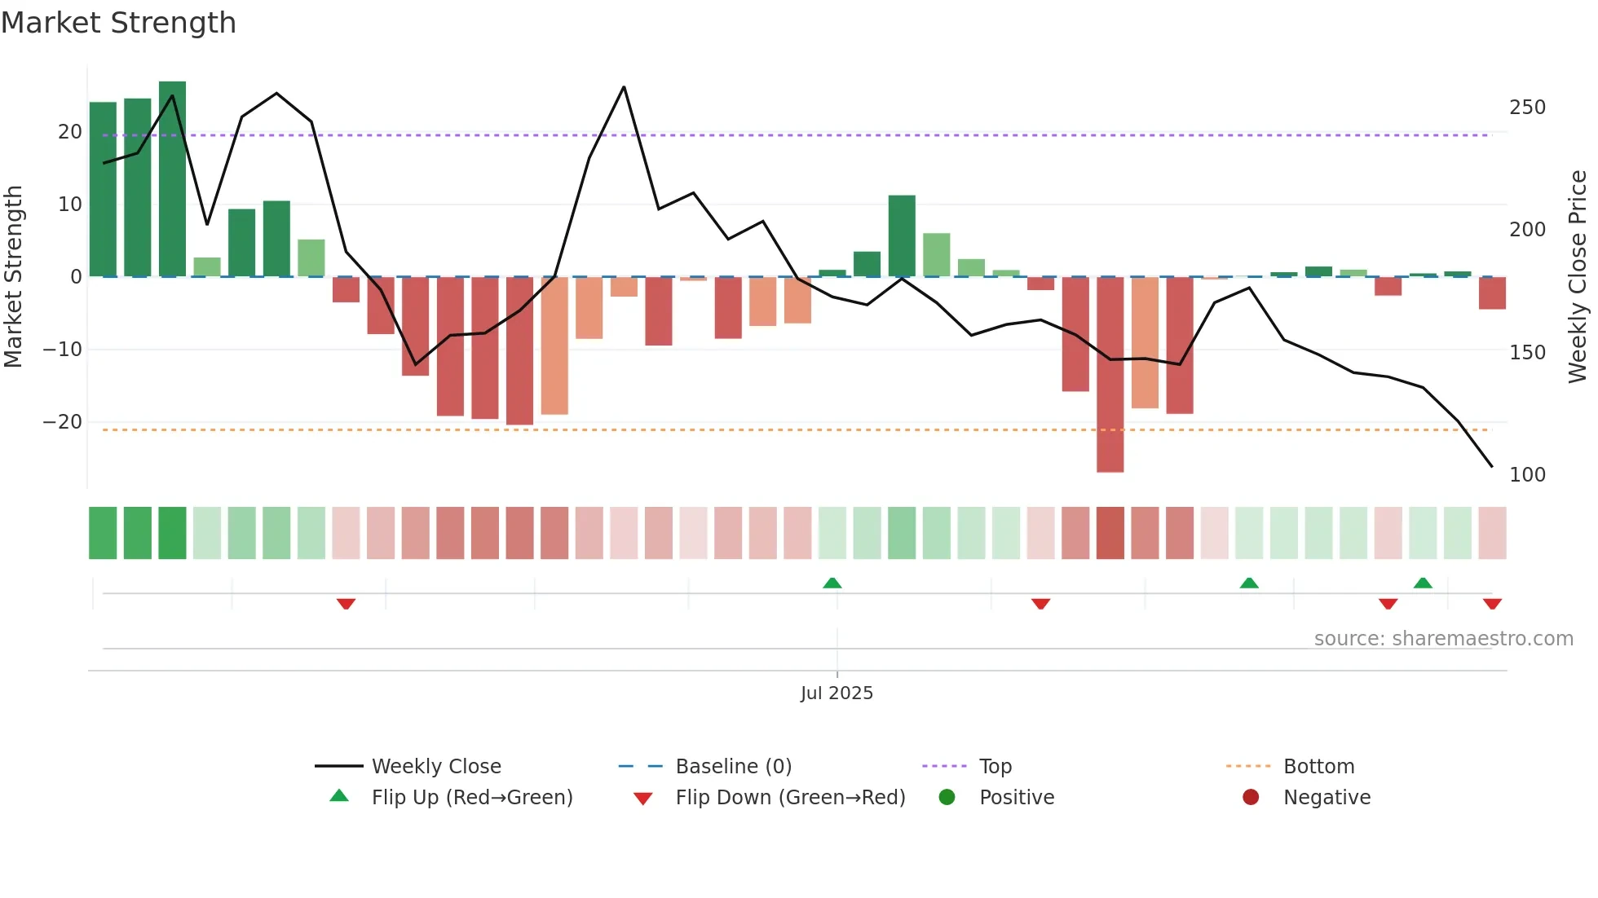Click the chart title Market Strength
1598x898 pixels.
pos(118,23)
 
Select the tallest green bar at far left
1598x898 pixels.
pos(172,179)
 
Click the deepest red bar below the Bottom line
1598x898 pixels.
pos(1110,375)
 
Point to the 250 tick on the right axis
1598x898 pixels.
pos(1526,108)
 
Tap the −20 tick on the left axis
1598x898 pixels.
pos(63,422)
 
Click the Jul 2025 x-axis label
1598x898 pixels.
pos(837,693)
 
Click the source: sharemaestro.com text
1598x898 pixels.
pos(1443,639)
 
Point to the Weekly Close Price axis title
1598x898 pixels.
pos(1578,277)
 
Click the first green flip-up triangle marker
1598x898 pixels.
pos(832,583)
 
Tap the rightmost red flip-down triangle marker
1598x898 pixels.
pos(1492,604)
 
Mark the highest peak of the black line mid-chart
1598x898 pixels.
pos(624,87)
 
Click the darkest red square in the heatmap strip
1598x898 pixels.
pos(1110,533)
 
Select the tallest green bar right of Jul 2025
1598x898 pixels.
pos(902,236)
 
